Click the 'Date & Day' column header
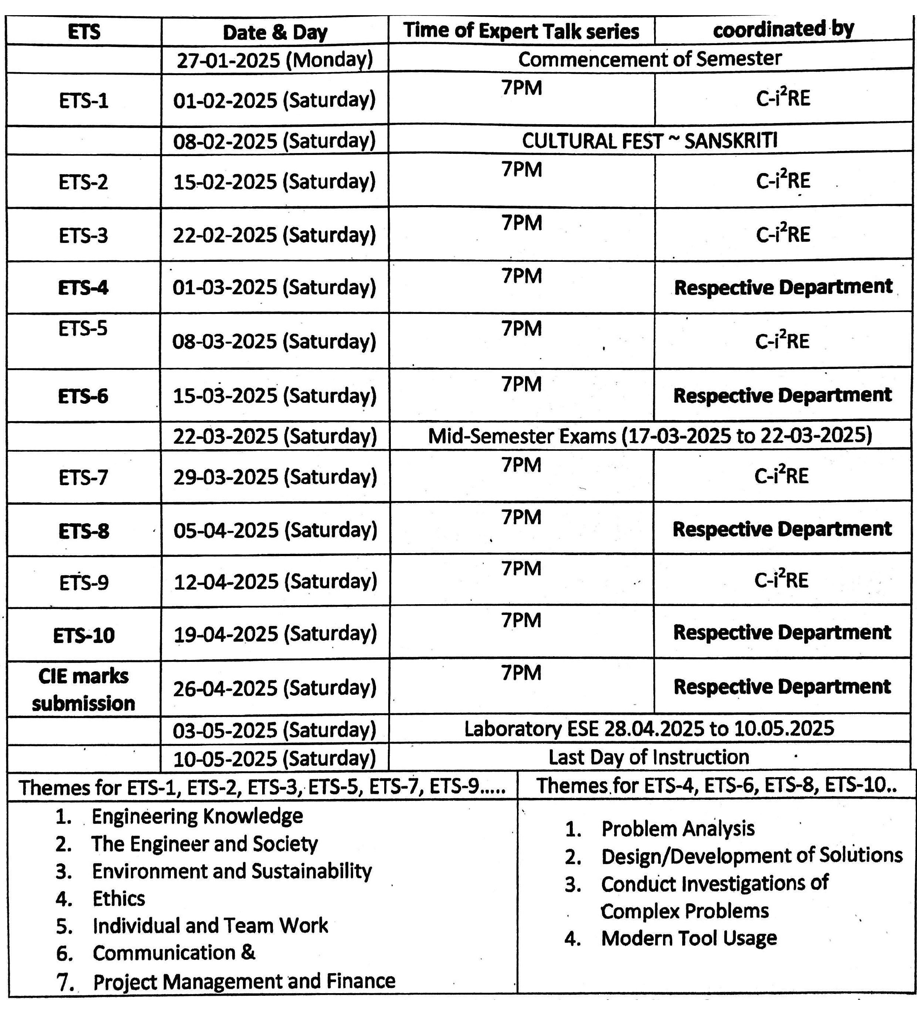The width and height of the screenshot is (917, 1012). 275,33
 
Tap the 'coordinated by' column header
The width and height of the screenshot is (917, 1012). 783,30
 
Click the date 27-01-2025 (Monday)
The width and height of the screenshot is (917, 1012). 275,60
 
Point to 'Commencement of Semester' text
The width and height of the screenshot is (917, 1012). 650,59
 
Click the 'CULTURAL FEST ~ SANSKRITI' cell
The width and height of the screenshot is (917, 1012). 650,141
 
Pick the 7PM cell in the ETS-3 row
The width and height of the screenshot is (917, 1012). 522,223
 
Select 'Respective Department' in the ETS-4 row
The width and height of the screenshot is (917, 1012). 783,287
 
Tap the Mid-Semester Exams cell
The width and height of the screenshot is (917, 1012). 650,436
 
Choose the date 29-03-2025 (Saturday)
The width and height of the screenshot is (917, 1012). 275,477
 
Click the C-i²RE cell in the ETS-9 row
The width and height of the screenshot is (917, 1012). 781,581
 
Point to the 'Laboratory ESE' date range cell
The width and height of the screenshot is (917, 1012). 649,729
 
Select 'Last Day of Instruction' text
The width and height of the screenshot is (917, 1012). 649,757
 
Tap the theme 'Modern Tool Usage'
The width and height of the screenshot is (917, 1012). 688,938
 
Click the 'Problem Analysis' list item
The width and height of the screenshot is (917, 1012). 678,829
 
